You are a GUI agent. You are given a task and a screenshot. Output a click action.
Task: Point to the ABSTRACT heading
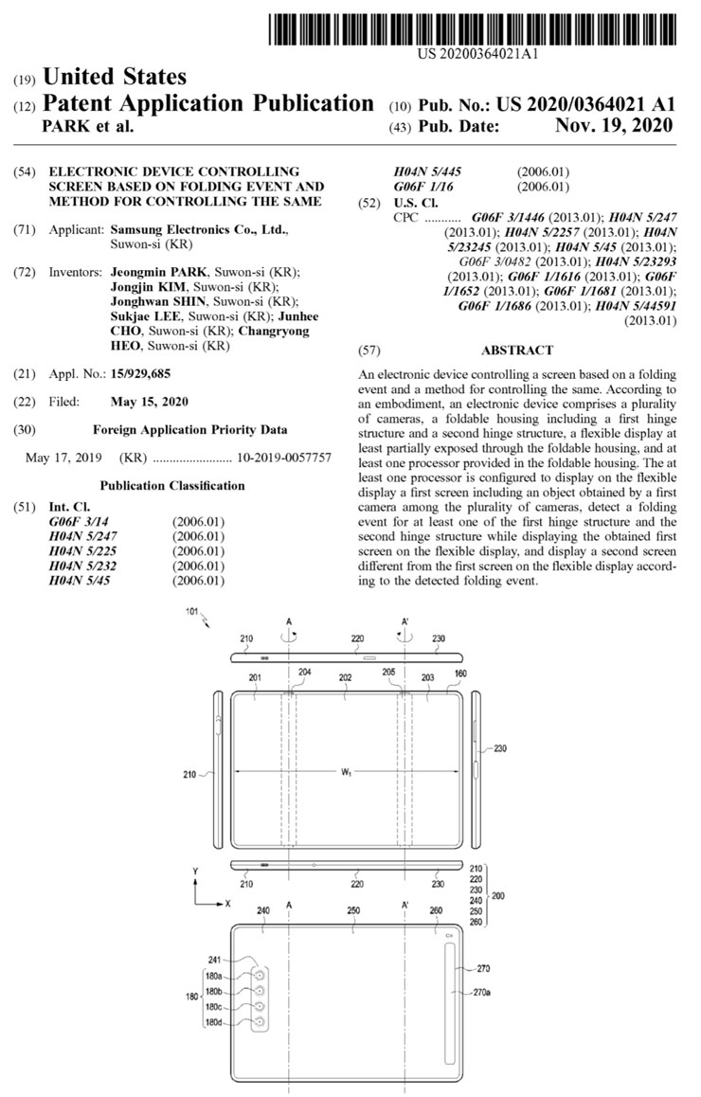click(517, 350)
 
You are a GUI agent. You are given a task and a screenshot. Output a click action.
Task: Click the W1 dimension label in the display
click(347, 773)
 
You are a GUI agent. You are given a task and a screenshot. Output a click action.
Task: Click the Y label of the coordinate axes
click(194, 870)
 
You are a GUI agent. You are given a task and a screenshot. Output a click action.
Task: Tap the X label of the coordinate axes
click(227, 903)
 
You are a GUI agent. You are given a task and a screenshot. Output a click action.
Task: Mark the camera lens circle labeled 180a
click(258, 975)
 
